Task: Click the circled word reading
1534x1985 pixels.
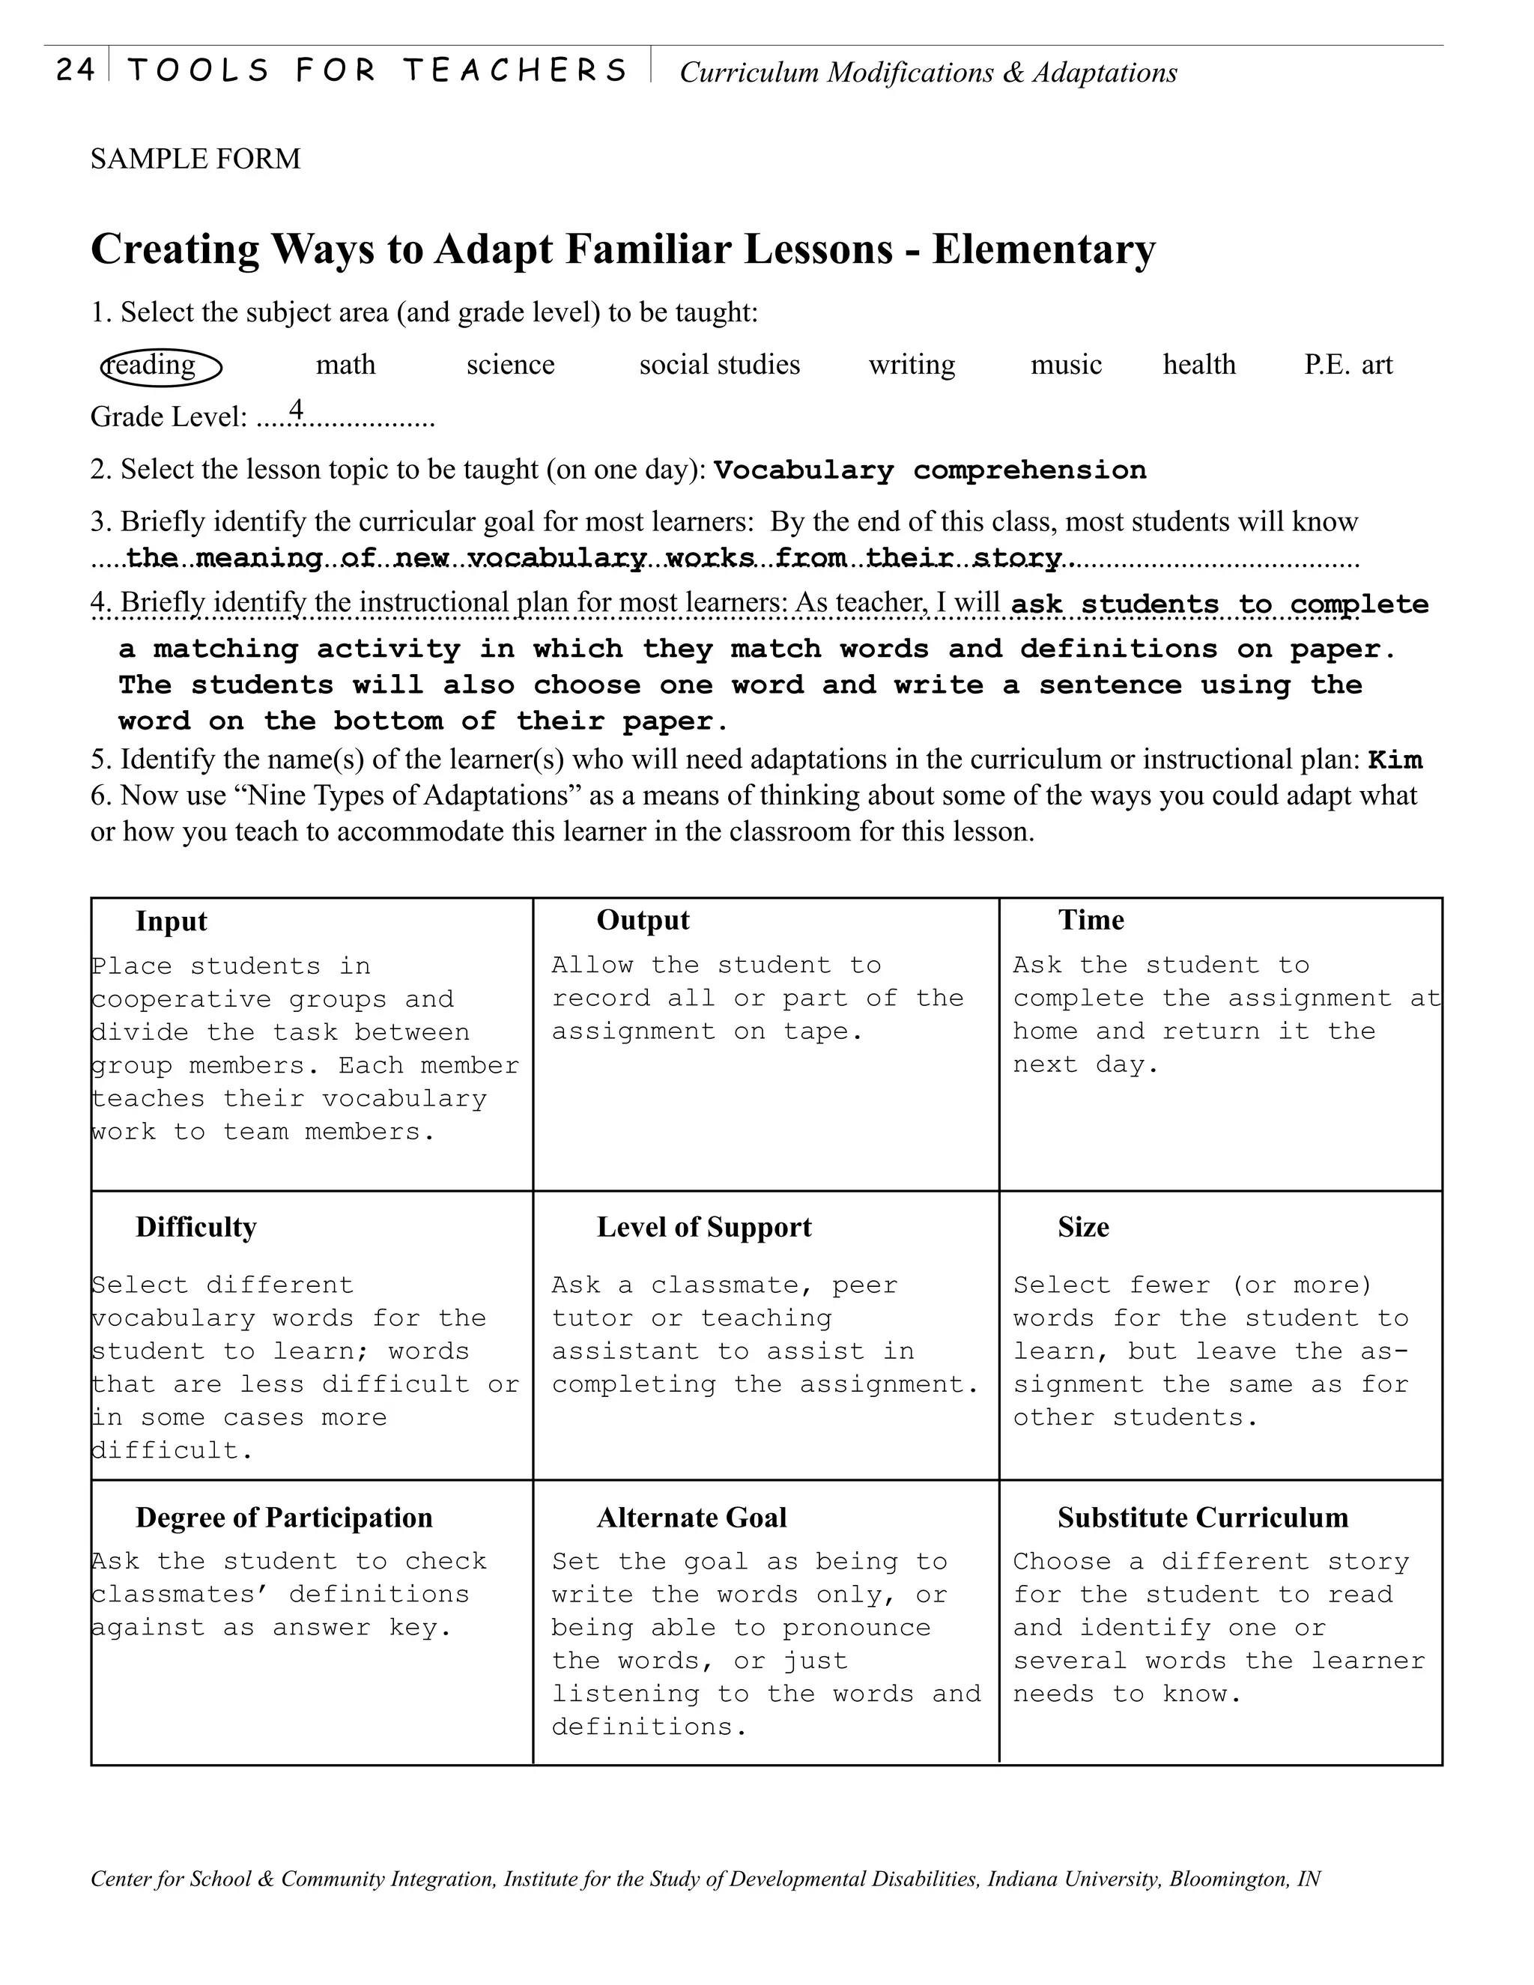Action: coord(161,366)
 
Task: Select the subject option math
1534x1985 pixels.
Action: coord(345,366)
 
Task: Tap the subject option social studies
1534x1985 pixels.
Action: coord(719,366)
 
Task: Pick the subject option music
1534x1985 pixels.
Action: coord(1065,366)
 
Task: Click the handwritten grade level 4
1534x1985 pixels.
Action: coord(295,410)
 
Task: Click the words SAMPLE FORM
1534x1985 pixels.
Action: coord(195,159)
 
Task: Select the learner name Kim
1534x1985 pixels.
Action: coord(1395,760)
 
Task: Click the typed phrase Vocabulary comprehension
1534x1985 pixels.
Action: coord(930,471)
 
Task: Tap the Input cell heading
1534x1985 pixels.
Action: coord(171,921)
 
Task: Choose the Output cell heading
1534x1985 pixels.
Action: coord(643,921)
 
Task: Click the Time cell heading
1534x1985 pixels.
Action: coord(1091,921)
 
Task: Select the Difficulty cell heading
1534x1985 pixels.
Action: coord(195,1228)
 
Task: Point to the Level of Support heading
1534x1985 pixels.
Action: coord(703,1228)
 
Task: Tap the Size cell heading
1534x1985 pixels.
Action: coord(1082,1228)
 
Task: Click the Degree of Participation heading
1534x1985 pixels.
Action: coord(284,1518)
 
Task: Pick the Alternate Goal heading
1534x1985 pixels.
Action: coord(691,1518)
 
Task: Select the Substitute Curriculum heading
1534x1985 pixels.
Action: coord(1202,1518)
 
